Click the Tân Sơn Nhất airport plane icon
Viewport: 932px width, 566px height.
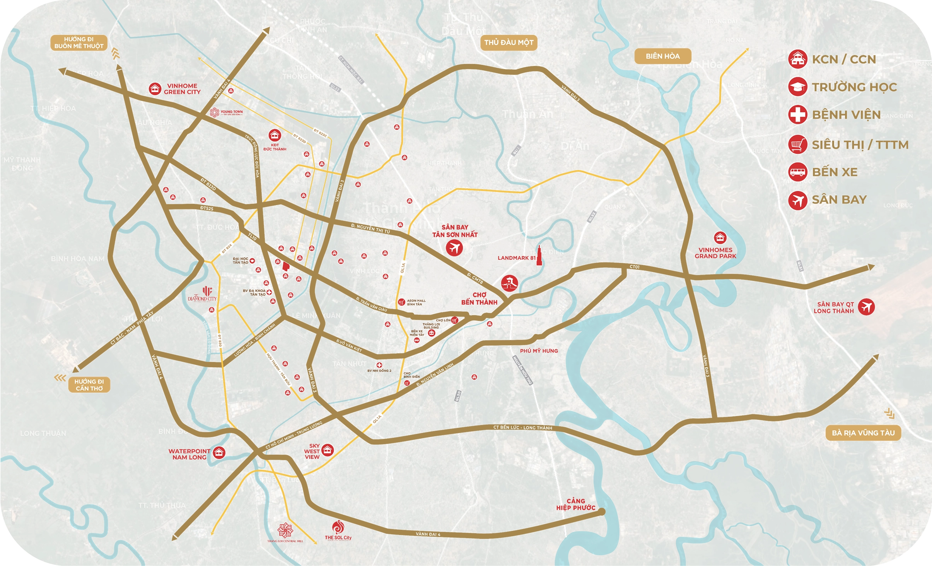pyautogui.click(x=454, y=248)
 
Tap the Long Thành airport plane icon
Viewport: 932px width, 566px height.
pyautogui.click(x=866, y=307)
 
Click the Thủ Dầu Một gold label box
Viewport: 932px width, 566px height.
pyautogui.click(x=509, y=43)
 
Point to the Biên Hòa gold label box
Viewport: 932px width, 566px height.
pyautogui.click(x=662, y=56)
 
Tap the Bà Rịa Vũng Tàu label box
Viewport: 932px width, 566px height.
pyautogui.click(x=863, y=433)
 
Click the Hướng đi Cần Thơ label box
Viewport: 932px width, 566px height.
pyautogui.click(x=89, y=385)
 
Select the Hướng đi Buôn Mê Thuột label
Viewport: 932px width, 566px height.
pyautogui.click(x=79, y=43)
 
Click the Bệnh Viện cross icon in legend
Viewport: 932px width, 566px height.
pyautogui.click(x=797, y=114)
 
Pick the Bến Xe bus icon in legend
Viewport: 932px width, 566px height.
pyautogui.click(x=797, y=172)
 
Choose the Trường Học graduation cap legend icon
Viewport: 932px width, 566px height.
pyautogui.click(x=797, y=87)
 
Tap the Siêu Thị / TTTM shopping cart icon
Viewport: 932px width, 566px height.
pyautogui.click(x=797, y=145)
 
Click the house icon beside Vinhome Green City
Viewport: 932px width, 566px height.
pyautogui.click(x=155, y=89)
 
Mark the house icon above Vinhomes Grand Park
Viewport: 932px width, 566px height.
pyautogui.click(x=720, y=237)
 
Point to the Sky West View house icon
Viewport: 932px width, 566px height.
pyautogui.click(x=328, y=450)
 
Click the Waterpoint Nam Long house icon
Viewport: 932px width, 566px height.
pyautogui.click(x=219, y=452)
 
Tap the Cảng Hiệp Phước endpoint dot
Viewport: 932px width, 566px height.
pyautogui.click(x=601, y=512)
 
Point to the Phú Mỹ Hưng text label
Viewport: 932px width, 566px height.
pyautogui.click(x=539, y=351)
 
